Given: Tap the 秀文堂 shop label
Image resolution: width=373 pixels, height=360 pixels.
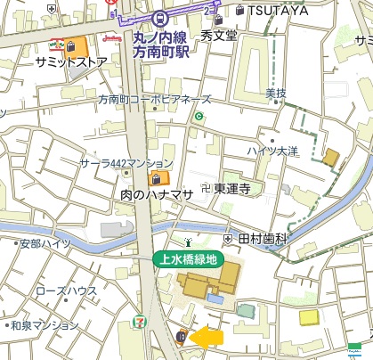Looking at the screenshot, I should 219,37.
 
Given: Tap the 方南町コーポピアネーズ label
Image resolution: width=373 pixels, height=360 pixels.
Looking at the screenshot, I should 155,100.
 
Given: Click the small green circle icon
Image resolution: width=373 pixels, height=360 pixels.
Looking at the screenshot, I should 199,117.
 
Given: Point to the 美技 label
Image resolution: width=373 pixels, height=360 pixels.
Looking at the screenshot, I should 276,93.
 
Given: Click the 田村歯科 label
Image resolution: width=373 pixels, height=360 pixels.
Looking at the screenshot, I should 262,240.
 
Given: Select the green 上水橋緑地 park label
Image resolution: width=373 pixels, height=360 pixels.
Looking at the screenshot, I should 186,260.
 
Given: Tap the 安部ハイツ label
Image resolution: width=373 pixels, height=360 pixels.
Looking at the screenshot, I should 45,242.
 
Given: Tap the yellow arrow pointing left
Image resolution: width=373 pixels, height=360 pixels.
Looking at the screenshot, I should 208,337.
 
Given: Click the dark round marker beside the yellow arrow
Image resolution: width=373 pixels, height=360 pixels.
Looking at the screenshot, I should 181,337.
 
